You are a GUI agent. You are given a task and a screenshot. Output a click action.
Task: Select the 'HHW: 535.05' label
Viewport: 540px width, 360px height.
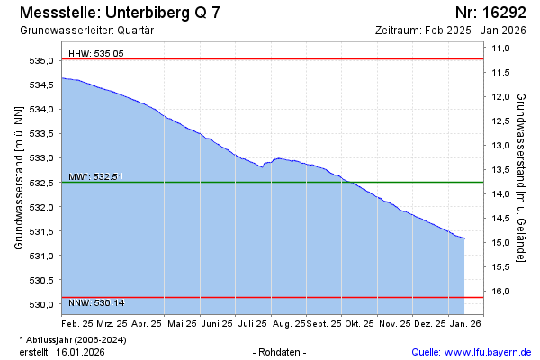coord(96,54)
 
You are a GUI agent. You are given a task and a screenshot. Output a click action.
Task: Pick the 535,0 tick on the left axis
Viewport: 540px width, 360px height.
coord(42,60)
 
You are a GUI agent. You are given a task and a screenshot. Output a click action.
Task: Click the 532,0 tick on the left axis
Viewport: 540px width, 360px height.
coord(42,207)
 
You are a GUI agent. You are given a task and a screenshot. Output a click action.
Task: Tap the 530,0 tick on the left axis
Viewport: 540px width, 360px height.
coord(42,304)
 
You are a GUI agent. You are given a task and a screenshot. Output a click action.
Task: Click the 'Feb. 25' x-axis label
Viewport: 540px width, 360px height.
coord(77,322)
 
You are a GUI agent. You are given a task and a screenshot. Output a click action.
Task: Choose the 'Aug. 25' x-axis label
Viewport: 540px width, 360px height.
coord(289,322)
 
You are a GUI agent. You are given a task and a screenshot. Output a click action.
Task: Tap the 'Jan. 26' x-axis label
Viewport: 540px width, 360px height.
coord(465,322)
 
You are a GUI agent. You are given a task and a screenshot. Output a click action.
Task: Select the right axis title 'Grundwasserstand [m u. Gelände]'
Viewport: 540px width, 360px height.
coord(521,177)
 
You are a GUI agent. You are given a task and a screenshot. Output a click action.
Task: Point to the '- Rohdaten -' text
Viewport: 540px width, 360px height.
coord(282,351)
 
